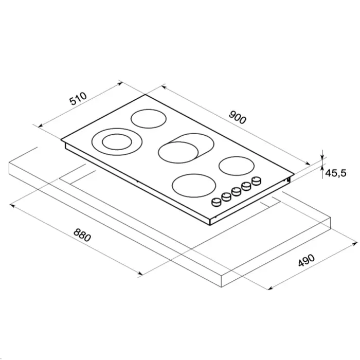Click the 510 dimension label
pos(79,99)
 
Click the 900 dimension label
pos(238,117)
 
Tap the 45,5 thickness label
pos(336,173)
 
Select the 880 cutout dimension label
pos(82,235)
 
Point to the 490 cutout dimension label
pos(307,260)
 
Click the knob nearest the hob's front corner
pos(216,202)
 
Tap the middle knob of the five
pos(236,191)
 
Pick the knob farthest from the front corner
pos(257,181)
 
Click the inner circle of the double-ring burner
pos(117,142)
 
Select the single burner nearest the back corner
pos(149,119)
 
